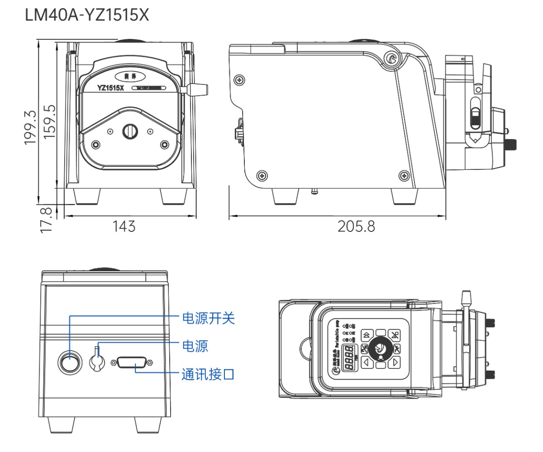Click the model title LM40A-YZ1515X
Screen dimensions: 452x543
87,16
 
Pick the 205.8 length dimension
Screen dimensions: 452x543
356,226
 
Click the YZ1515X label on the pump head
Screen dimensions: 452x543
110,88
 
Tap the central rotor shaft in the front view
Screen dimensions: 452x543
130,131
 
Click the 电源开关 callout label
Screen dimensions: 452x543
208,318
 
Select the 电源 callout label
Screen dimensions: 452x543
195,346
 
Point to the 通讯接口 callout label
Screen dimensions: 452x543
208,374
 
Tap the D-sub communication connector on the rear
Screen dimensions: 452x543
132,363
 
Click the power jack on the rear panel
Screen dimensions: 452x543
97,362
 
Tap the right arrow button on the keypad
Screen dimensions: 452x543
395,362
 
